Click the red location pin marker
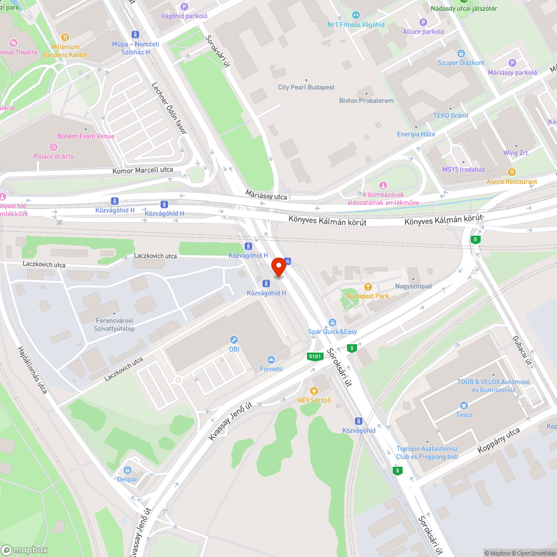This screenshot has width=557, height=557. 278,267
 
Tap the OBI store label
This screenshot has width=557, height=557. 234,349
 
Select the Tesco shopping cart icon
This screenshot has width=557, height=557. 463,405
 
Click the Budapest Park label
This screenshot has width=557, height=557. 368,296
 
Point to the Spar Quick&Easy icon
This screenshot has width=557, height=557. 333,323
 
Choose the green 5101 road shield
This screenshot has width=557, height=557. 315,356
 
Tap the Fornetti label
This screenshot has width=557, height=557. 271,369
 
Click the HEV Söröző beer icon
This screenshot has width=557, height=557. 314,391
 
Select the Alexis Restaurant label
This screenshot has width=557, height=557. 512,182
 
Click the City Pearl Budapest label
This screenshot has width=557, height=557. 306,87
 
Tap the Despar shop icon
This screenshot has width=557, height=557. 128,470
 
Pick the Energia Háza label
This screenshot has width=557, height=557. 416,134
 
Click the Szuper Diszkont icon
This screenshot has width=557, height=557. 461,53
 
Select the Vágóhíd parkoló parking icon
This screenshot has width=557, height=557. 184,6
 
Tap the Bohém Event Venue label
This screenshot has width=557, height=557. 86,136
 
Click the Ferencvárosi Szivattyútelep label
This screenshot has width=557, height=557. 115,325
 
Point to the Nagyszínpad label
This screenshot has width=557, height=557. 413,286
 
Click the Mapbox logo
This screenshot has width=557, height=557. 25,550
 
